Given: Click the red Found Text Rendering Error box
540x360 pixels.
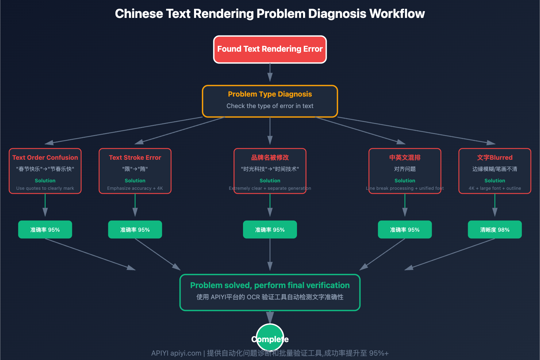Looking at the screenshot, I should [270, 49].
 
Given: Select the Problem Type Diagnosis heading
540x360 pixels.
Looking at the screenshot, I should [270, 94].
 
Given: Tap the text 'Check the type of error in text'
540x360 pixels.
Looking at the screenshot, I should [270, 106].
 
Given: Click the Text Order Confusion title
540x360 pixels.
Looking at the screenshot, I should [45, 158].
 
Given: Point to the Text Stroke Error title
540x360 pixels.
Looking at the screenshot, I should [135, 158].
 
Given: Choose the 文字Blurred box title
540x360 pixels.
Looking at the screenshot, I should [494, 158].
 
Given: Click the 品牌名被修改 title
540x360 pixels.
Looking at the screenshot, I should [270, 158].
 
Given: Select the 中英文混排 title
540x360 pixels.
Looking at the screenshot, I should [405, 158].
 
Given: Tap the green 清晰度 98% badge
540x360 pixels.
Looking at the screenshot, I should [494, 230].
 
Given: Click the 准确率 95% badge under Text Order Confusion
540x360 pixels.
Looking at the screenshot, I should [45, 230].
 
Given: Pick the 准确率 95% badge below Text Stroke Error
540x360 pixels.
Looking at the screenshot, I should [135, 230].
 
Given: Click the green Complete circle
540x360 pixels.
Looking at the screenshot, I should [270, 338].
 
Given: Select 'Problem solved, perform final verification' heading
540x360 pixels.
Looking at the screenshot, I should [270, 285].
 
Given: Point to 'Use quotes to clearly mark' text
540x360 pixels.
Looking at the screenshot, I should [45, 188].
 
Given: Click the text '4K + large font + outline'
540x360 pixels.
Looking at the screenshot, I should [494, 188].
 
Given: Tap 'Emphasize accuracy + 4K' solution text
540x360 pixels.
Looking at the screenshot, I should [135, 188].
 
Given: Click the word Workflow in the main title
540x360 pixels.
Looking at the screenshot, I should [397, 14].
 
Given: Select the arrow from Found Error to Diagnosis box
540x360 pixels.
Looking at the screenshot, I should [270, 73].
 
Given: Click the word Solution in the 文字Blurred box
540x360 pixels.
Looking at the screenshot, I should [494, 181].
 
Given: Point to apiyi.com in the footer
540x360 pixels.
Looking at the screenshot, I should [186, 353].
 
